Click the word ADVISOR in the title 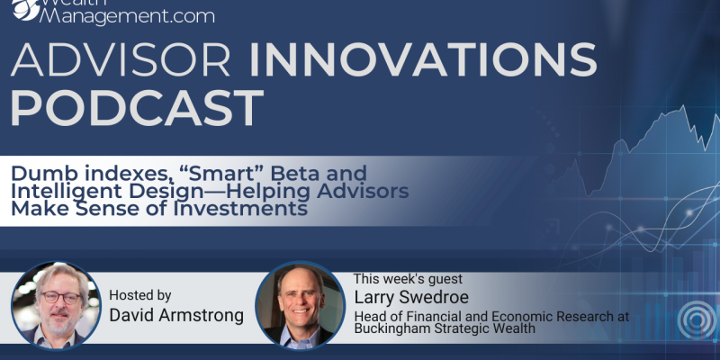pos(121,59)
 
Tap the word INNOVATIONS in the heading pos(422,59)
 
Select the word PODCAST pos(137,108)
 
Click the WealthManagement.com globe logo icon pos(26,9)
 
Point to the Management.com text pos(127,16)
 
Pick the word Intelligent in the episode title pos(66,191)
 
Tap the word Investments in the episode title pos(239,209)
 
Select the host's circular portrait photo pos(56,306)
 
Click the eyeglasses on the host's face pos(61,298)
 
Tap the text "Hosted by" pos(140,295)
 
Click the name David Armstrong pos(176,316)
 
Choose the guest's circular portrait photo pos(300,305)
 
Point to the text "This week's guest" pos(408,279)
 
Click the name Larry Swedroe pos(411,297)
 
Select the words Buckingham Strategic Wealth pos(445,328)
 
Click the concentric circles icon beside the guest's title pos(697,320)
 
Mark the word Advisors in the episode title pos(363,191)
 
